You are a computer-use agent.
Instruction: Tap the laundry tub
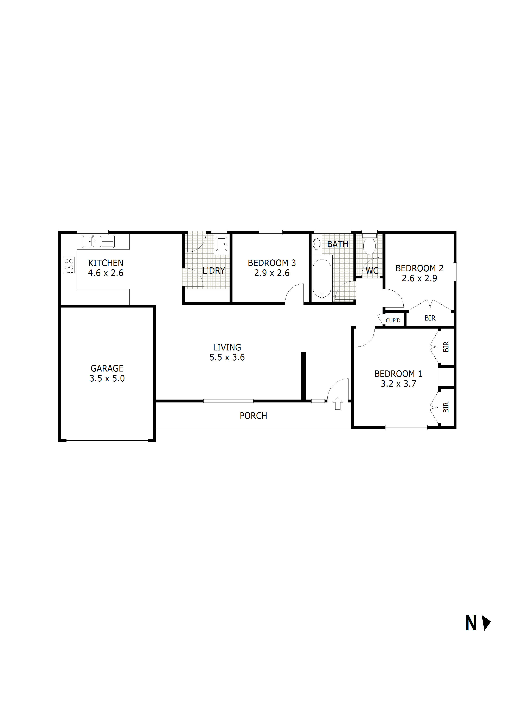222,244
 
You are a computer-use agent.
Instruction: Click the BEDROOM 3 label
272,263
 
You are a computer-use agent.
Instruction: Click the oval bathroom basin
316,244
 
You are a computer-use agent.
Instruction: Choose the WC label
372,271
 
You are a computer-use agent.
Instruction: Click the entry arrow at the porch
338,404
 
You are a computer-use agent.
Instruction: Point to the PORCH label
253,416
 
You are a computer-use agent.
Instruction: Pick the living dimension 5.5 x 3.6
227,357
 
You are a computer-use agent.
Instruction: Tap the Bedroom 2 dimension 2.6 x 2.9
419,278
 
